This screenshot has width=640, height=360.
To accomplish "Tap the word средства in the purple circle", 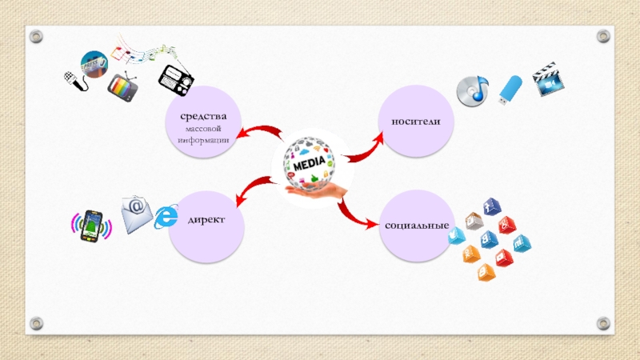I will [x=204, y=117].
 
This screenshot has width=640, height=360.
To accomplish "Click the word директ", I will [x=206, y=218].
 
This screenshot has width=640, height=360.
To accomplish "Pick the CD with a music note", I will [x=472, y=90].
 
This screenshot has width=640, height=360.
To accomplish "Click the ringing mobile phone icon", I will [x=91, y=225].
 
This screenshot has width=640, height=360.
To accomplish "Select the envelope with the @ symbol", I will [x=137, y=214].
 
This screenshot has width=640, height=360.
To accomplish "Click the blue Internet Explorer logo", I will [x=166, y=217].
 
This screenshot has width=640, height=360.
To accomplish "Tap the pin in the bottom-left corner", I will [x=35, y=323].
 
